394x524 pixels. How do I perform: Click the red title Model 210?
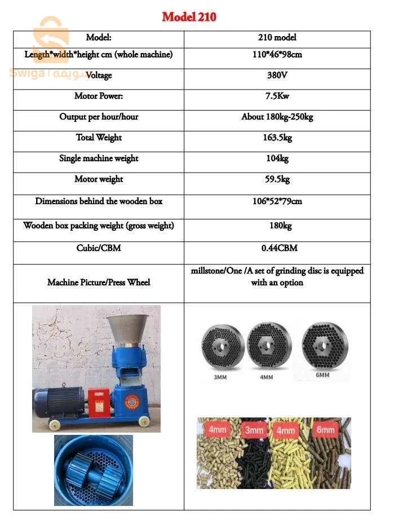(189, 17)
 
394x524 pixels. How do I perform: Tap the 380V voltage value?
(277, 75)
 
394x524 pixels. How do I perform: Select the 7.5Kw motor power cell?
(277, 96)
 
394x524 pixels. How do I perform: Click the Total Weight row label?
(99, 138)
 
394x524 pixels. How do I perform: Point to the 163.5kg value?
(277, 138)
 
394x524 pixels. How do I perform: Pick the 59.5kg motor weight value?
(277, 179)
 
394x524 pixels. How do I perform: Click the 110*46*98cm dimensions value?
(277, 55)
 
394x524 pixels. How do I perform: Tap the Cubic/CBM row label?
(99, 248)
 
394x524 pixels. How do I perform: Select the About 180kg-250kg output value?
(277, 117)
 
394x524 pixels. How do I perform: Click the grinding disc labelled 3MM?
(223, 347)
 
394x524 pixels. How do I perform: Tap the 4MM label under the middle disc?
(266, 377)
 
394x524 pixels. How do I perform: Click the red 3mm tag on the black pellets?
(254, 430)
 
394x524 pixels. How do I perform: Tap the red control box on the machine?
(99, 402)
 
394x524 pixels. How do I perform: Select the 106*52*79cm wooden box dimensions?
(277, 201)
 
